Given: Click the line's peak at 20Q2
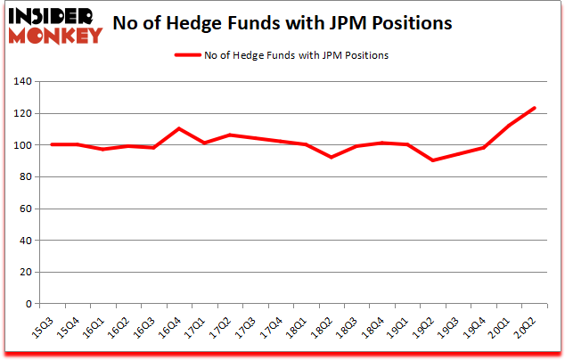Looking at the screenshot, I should tap(535, 109).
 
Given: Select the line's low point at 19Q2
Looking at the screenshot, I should tap(433, 160).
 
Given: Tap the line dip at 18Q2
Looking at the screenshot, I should tap(332, 158).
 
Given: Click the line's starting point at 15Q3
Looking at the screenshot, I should tap(53, 144).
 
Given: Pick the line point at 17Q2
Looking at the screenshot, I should tap(231, 135).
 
